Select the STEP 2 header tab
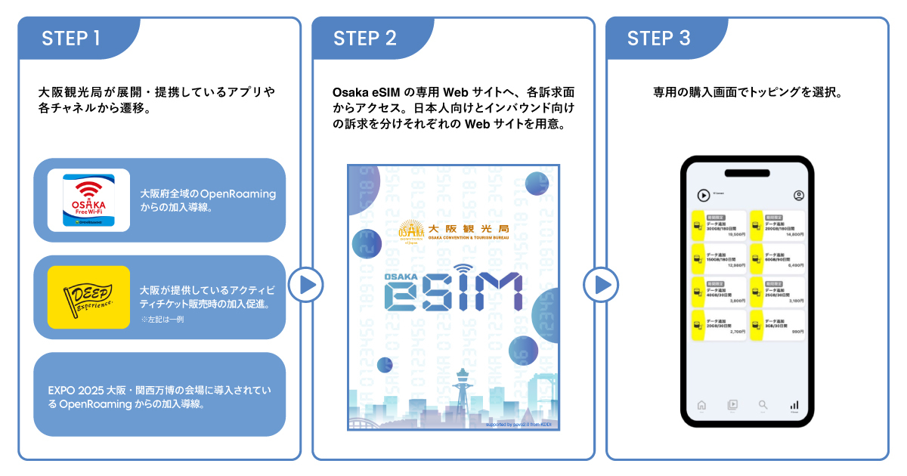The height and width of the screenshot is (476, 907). [366, 39]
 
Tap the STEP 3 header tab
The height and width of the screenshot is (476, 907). [659, 39]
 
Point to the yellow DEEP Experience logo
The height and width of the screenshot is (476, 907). [88, 297]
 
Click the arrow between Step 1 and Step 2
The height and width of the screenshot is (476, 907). [306, 285]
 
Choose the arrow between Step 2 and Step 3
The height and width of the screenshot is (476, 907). [600, 285]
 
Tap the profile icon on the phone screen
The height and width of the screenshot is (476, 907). [799, 196]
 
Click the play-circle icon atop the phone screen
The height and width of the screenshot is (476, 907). [703, 196]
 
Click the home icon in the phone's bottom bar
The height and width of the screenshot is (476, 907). [701, 405]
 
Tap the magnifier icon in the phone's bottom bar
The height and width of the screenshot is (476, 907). [763, 405]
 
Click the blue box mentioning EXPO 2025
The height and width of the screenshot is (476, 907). [159, 394]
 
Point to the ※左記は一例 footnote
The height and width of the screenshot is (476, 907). [163, 320]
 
